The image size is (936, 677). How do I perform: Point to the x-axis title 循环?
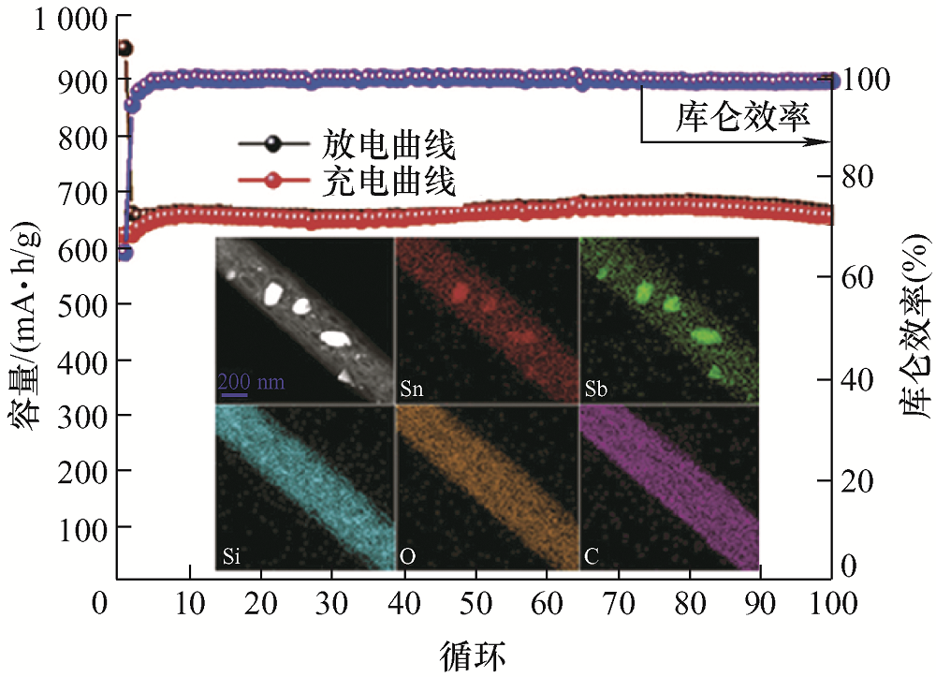tap(473, 653)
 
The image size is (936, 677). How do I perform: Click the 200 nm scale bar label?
tap(252, 382)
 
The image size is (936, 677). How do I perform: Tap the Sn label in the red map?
tap(411, 389)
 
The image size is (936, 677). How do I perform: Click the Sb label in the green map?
tap(594, 389)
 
